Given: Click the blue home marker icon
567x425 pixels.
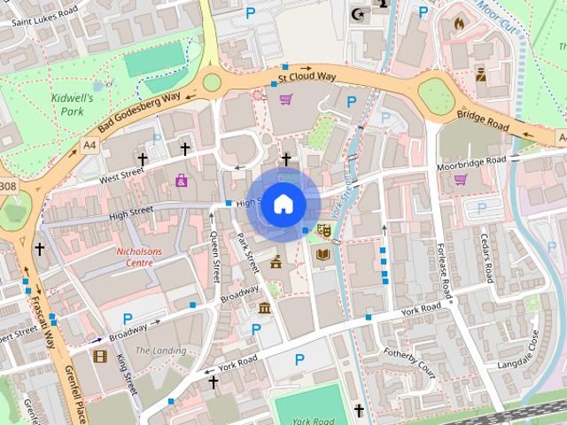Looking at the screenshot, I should coord(283,205).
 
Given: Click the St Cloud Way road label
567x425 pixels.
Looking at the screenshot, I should coord(307,77).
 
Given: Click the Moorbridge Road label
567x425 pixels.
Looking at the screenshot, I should coord(470,163).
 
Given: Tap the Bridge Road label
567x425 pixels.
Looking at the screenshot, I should coord(483,121).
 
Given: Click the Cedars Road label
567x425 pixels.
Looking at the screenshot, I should coord(485,257).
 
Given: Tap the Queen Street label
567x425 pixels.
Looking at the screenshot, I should coord(215,256).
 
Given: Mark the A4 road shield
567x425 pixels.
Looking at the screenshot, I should coord(89,144).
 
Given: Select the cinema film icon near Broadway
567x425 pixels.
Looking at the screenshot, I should coord(99,357).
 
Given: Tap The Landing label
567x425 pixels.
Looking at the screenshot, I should coord(160,351).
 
